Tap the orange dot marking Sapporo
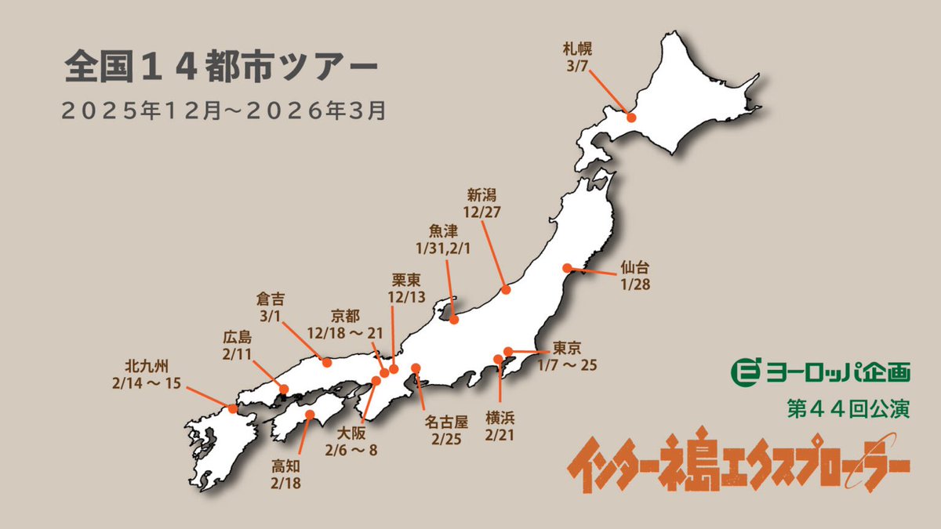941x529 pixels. tap(631, 120)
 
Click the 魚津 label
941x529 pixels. tap(443, 231)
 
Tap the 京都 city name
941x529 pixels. tap(345, 317)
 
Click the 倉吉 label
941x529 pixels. tap(272, 299)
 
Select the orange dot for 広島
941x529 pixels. tap(284, 389)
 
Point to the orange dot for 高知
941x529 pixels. tap(311, 415)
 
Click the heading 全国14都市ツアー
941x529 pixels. tap(222, 68)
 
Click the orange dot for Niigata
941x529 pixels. tap(506, 290)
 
